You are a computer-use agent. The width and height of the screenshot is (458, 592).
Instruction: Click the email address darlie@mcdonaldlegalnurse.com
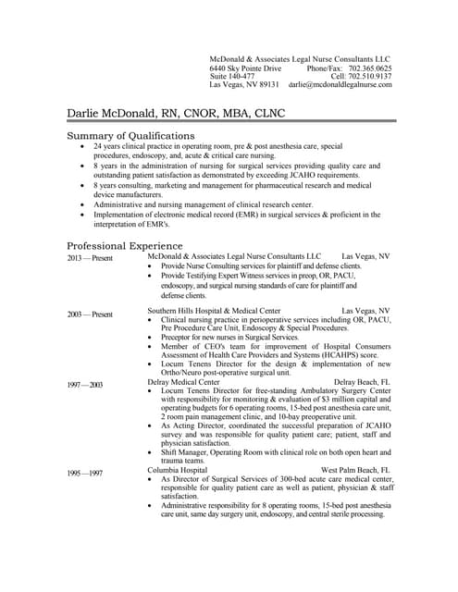point(340,84)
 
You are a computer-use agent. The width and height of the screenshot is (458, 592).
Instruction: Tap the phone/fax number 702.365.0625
point(370,68)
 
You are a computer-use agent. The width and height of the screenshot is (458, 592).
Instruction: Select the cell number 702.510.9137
point(370,76)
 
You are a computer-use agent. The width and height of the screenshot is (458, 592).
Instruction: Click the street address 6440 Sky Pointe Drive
point(245,68)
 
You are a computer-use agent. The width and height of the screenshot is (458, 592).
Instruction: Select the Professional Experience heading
point(125,246)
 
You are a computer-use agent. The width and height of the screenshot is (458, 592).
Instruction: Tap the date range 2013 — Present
point(90,258)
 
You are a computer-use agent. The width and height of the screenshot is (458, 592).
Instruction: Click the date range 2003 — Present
point(90,314)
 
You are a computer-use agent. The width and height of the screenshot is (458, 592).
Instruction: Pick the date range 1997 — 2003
point(85,384)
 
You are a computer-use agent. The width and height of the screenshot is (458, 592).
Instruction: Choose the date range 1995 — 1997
point(85,473)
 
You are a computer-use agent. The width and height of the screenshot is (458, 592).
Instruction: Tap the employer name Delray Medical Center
point(184,381)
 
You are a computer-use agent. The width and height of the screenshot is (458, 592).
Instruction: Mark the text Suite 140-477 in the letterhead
point(232,76)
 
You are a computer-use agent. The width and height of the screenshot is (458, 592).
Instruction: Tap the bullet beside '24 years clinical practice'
point(85,146)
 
